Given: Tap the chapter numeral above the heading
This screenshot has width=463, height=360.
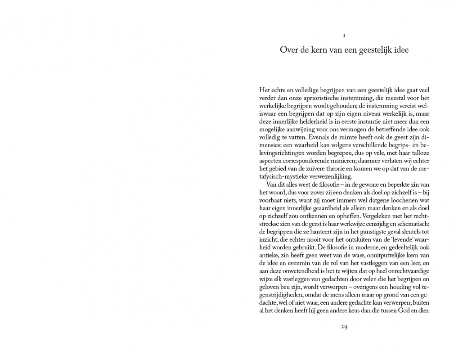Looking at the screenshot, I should (344, 35).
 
